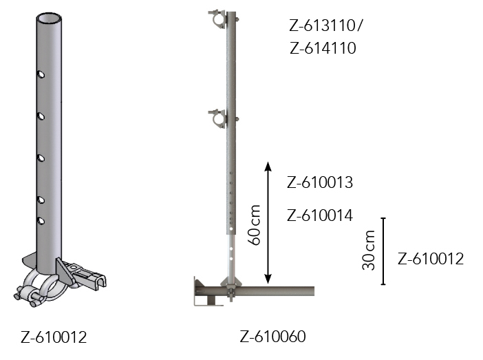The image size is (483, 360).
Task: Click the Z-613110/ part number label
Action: pyautogui.click(x=326, y=25)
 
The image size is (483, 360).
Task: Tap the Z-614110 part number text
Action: pyautogui.click(x=323, y=48)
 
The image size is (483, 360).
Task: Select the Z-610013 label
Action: pyautogui.click(x=320, y=182)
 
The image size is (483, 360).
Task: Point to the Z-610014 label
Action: pyautogui.click(x=320, y=215)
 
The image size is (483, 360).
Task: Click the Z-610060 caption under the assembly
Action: pyautogui.click(x=273, y=337)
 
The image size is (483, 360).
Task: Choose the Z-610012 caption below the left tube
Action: pyautogui.click(x=54, y=337)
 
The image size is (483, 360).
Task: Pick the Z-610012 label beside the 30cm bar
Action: pyautogui.click(x=431, y=259)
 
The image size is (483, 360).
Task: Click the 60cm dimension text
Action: pyautogui.click(x=255, y=224)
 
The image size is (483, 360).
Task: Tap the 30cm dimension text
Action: pyautogui.click(x=368, y=250)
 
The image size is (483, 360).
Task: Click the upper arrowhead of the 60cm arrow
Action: pyautogui.click(x=268, y=166)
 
